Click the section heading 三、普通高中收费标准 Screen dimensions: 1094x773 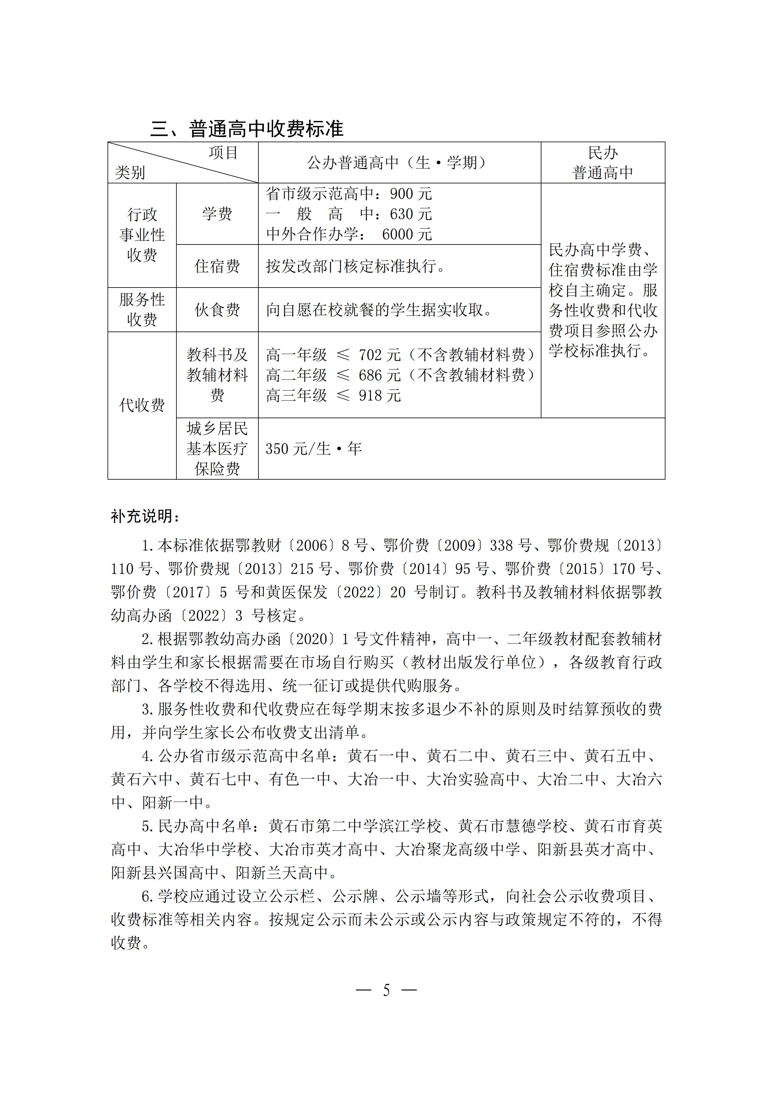247,129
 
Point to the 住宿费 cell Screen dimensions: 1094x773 217,266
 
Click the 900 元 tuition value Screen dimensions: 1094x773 411,194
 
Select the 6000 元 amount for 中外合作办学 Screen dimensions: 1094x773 407,235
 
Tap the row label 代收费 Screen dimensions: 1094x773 142,405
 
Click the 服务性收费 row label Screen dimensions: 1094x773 142,310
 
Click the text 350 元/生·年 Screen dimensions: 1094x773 313,449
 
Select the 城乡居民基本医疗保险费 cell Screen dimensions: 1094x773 217,449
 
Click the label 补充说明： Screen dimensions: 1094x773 145,516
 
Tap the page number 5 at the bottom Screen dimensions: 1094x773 386,990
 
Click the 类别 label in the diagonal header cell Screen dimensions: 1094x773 130,172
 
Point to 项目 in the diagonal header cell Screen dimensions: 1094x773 223,153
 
